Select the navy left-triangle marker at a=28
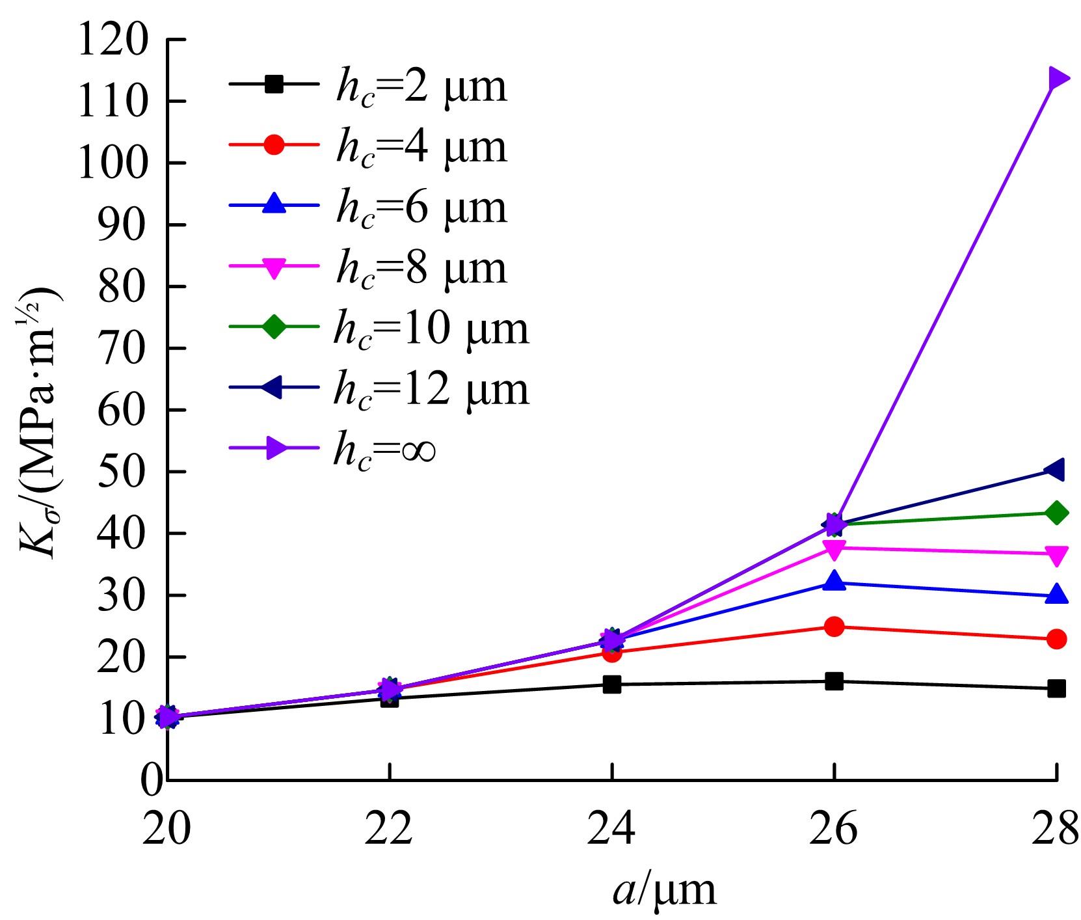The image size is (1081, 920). [1056, 469]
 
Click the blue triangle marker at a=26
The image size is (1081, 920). [834, 582]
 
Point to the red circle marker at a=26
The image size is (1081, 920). [834, 627]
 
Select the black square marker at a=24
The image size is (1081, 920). [611, 684]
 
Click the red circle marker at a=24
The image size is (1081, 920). [611, 652]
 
